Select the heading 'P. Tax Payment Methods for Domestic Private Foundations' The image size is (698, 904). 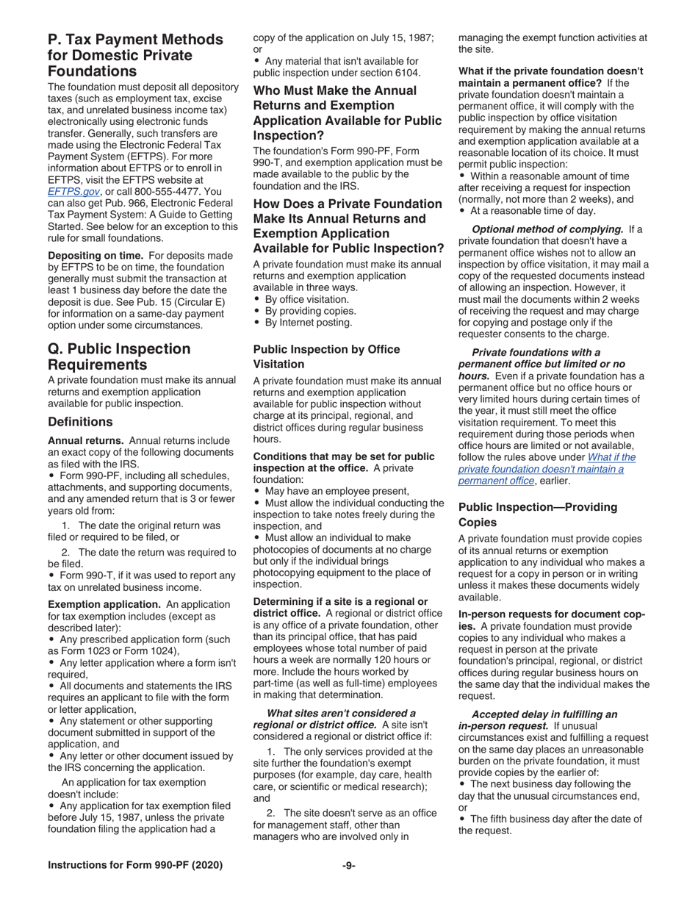tap(135, 55)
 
